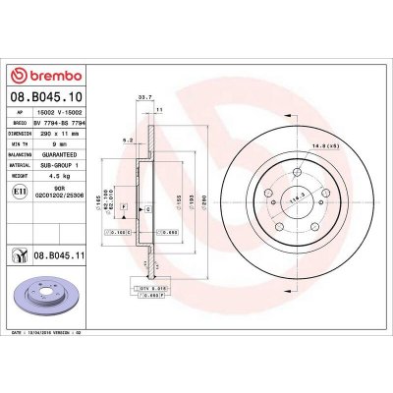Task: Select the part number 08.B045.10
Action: [45, 98]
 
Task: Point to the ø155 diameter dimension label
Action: [176, 199]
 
